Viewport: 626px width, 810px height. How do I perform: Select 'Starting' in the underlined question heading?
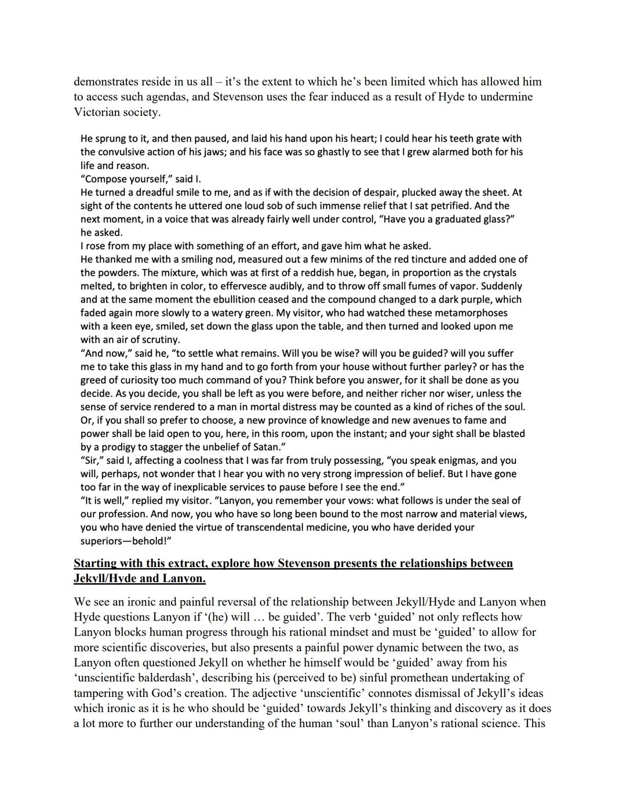point(96,564)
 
